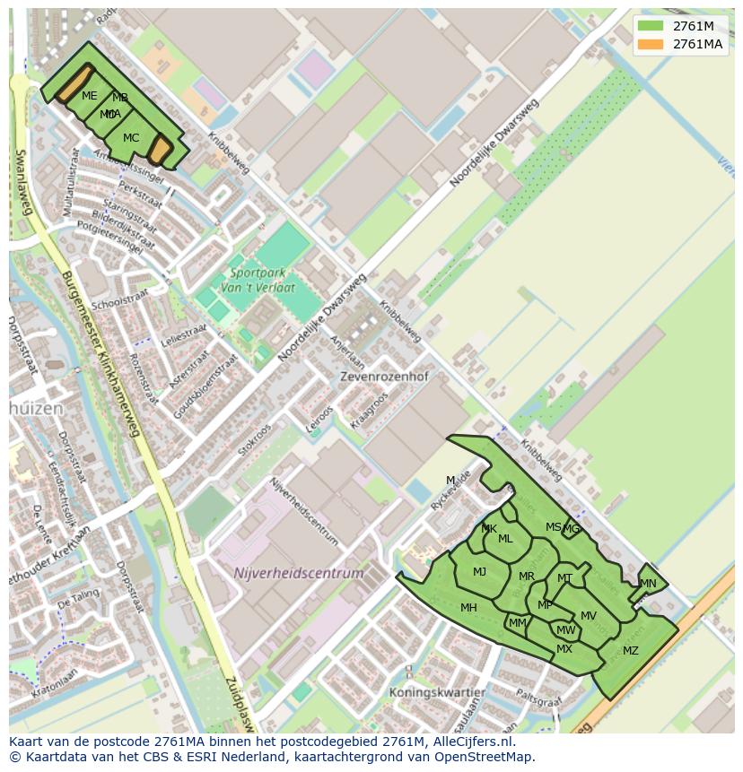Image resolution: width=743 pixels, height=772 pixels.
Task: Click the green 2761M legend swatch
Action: [651, 26]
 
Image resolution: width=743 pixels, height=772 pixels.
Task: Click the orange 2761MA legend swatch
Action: [651, 44]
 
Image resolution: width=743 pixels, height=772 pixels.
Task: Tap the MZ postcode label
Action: [630, 651]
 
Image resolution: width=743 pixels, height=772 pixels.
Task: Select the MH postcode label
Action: [468, 608]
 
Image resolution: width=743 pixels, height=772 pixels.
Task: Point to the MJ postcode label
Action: [479, 572]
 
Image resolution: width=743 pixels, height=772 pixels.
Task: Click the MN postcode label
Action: [648, 584]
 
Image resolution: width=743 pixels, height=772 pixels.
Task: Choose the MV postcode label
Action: [588, 616]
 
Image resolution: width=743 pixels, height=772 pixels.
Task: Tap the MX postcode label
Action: [564, 649]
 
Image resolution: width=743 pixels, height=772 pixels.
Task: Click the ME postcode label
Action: [89, 96]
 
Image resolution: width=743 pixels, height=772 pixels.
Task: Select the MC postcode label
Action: [131, 138]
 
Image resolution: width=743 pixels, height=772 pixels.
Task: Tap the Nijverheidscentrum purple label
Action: [299, 573]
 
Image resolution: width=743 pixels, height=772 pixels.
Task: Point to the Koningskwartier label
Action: [437, 693]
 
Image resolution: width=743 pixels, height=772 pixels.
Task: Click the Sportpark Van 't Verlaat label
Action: [262, 279]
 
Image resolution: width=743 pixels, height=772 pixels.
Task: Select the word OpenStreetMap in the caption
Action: [485, 757]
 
